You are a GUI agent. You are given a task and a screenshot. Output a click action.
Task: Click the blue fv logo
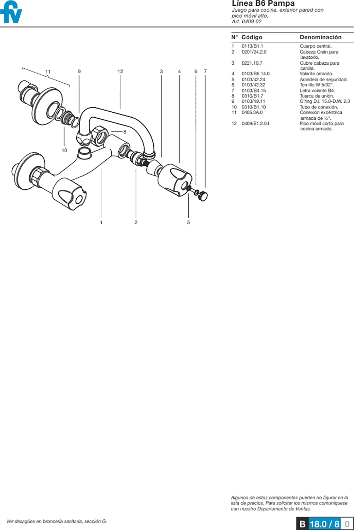pos(11,12)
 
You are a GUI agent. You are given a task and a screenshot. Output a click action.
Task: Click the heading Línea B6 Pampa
pos(263,3)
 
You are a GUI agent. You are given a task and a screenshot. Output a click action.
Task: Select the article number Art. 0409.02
pos(247,22)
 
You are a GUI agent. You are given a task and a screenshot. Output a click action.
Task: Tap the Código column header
pos(252,37)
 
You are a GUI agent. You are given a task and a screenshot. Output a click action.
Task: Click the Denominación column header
pos(320,37)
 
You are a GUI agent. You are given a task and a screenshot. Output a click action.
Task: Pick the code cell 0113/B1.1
pos(252,46)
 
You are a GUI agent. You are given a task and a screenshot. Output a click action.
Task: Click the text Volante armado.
pos(316,74)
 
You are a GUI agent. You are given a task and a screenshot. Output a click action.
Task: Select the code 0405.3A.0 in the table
pos(252,112)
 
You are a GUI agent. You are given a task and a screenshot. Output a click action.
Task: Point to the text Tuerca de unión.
pos(317,96)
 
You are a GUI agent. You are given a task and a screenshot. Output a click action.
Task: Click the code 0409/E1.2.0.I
pos(255,124)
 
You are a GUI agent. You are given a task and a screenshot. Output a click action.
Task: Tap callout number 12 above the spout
pos(120,71)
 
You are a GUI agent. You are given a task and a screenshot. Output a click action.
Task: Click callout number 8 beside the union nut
pos(125,131)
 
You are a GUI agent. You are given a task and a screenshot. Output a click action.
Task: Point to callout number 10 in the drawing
pos(64,150)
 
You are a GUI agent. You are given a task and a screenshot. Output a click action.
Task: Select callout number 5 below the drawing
pos(188,222)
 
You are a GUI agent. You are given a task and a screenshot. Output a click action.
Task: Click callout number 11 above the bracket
pos(48,72)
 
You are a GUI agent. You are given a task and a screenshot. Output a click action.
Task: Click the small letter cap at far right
pos(203,196)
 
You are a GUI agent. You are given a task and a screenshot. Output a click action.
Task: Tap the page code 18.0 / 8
pos(325,524)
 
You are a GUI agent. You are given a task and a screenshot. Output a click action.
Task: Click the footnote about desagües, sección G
pos(57,521)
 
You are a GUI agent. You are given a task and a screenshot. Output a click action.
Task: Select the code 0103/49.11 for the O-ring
pos(253,101)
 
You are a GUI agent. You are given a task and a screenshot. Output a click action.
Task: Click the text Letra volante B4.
pos(317,90)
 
